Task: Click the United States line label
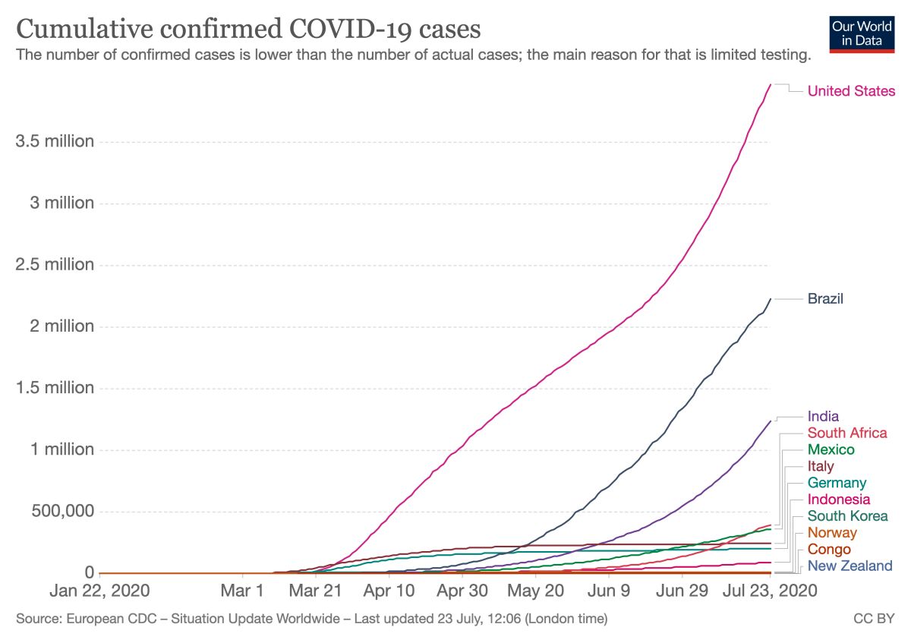851,91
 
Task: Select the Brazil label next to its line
825,299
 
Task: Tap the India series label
823,416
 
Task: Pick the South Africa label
846,433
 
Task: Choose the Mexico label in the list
831,449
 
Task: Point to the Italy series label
821,466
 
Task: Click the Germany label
837,483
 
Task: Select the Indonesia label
839,500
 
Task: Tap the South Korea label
847,516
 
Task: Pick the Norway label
832,533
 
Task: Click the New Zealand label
850,566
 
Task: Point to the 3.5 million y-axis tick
55,142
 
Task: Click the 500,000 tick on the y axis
63,511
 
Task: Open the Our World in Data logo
862,33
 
